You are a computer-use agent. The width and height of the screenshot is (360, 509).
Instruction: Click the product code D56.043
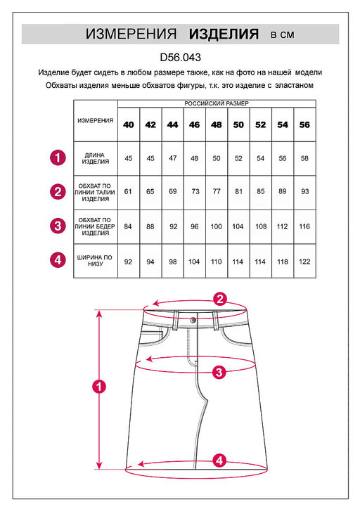coord(180,58)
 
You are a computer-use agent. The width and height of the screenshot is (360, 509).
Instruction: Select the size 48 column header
coord(216,124)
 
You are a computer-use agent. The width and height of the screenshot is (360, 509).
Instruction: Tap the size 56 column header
coord(304,124)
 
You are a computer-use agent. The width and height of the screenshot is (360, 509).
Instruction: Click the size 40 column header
coord(129,124)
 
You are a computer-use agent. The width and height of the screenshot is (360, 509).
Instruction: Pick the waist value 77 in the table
coord(217,191)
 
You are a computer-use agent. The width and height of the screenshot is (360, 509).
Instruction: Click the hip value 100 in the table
coord(216,226)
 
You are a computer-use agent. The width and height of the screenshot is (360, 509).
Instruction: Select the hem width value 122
coord(304,262)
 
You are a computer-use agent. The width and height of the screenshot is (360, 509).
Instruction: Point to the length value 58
coord(304,158)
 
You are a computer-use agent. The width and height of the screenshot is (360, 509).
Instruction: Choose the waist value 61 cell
coord(128,191)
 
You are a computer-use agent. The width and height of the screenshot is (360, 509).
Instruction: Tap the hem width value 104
coord(194,262)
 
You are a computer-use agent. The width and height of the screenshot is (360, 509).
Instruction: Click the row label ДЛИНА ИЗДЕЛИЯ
coord(95,158)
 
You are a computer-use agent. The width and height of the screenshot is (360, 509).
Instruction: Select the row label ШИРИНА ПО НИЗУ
coord(95,261)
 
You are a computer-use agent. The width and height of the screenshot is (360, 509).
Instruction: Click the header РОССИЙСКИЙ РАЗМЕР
coord(217,103)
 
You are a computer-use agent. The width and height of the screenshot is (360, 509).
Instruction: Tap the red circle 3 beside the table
coord(58,226)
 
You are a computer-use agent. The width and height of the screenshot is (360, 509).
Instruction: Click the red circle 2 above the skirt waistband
coord(220,299)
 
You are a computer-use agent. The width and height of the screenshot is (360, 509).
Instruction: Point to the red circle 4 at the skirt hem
coord(220,460)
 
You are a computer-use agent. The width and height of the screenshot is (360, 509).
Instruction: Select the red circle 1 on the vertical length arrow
coord(99,387)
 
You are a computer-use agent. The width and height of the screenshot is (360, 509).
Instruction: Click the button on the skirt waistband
coord(193,321)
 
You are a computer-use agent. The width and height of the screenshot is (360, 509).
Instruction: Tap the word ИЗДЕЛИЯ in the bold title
coord(224,34)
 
